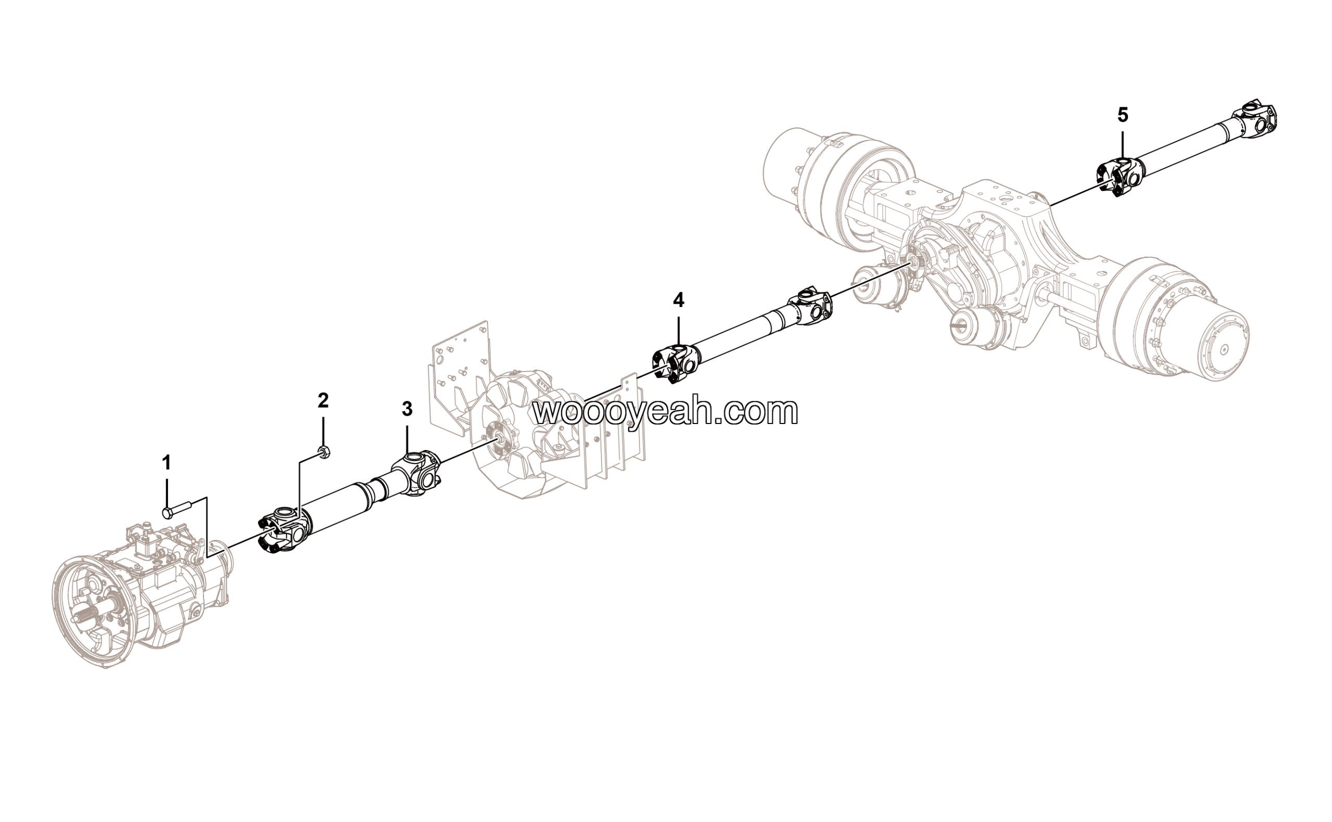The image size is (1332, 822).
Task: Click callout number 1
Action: point(166,463)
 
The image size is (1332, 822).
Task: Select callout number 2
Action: point(323,401)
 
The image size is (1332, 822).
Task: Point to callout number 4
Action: point(678,300)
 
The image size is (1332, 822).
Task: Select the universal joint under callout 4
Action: point(676,364)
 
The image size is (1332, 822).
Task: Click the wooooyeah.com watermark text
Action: point(665,412)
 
